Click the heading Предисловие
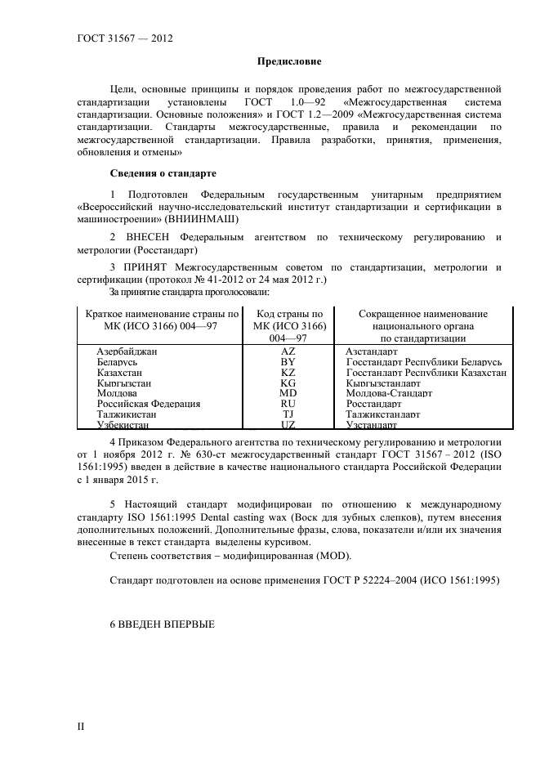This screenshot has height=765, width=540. (x=289, y=61)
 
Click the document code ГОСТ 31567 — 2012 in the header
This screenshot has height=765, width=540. (x=124, y=38)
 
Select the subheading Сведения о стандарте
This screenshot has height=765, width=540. (x=163, y=172)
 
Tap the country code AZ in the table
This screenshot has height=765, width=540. (x=288, y=351)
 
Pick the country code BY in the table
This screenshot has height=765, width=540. (x=288, y=361)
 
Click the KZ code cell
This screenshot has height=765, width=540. (x=288, y=372)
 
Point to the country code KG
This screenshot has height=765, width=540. (x=288, y=382)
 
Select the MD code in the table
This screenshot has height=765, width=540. (x=288, y=393)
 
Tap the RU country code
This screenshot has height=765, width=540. (x=288, y=404)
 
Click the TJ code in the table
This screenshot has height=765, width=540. (x=288, y=414)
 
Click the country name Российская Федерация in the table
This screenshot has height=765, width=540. (x=149, y=404)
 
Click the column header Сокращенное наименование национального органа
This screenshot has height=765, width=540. (x=422, y=325)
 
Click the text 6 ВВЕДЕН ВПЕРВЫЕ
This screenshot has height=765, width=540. (x=162, y=624)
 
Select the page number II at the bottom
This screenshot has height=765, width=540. (x=81, y=726)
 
